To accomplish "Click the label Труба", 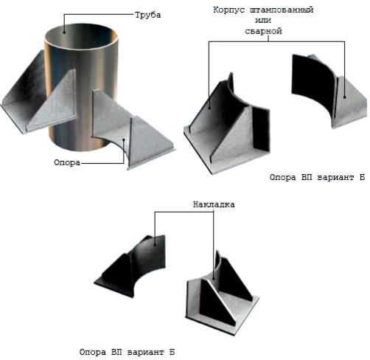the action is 148,15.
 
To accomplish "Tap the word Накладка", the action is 214,204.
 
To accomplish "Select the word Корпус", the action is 229,10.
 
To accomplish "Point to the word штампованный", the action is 282,10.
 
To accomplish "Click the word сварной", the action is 263,31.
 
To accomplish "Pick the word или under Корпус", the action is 263,21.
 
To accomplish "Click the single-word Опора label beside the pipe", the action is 67,162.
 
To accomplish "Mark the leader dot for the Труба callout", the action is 64,32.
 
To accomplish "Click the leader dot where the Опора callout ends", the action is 124,140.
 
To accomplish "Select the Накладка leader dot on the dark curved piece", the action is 155,244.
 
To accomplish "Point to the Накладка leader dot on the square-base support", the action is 213,278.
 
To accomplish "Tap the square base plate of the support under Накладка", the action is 221,308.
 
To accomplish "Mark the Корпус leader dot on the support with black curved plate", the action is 344,97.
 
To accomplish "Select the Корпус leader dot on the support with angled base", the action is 209,108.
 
